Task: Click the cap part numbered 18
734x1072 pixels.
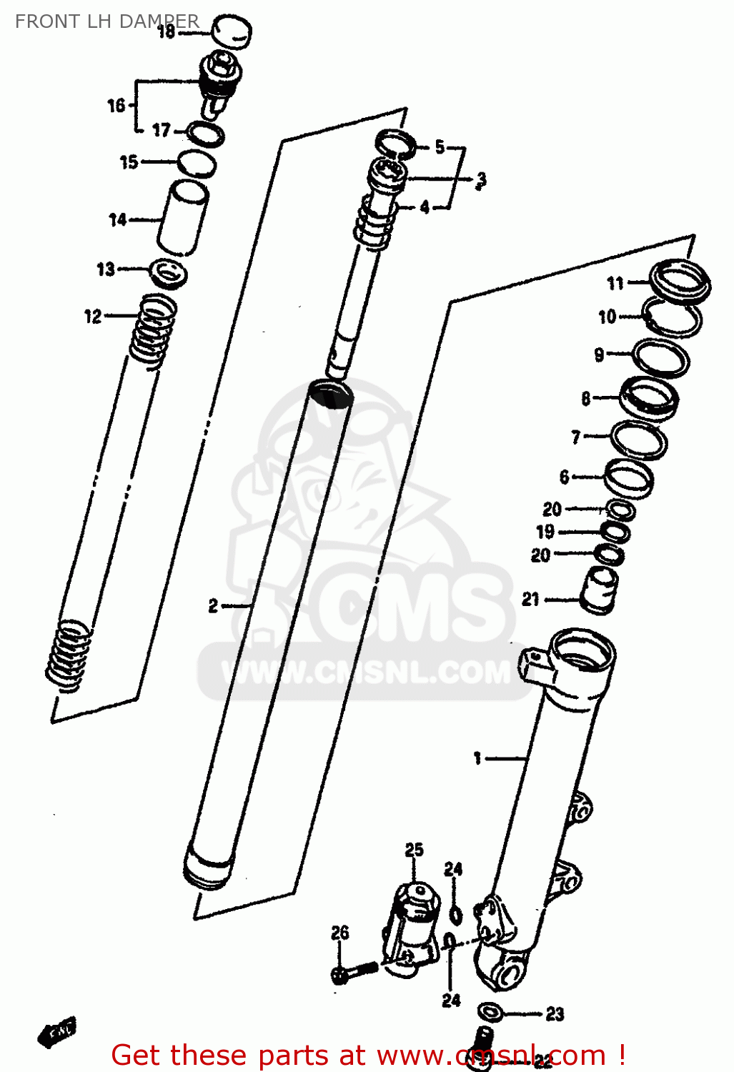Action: pyautogui.click(x=232, y=31)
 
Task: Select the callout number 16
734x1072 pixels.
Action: pyautogui.click(x=116, y=106)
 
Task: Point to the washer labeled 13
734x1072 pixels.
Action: pyautogui.click(x=169, y=272)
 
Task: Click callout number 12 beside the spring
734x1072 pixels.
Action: pyautogui.click(x=93, y=316)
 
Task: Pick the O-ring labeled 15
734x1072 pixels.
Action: pyautogui.click(x=197, y=163)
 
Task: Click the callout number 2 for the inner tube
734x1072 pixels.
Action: pyautogui.click(x=213, y=606)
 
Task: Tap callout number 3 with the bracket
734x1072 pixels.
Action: pyautogui.click(x=481, y=179)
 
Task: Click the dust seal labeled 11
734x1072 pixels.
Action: pyautogui.click(x=680, y=279)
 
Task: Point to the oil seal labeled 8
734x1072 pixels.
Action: pyautogui.click(x=648, y=397)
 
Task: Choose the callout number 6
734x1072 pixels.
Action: pyautogui.click(x=564, y=476)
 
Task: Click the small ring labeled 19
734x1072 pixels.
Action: pyautogui.click(x=614, y=532)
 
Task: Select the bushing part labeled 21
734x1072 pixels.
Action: pyautogui.click(x=598, y=590)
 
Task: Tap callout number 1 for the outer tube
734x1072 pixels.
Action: pyautogui.click(x=477, y=758)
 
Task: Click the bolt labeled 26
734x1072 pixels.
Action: pyautogui.click(x=353, y=971)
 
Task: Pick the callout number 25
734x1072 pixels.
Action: pyautogui.click(x=414, y=850)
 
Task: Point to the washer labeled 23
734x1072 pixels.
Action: pyautogui.click(x=490, y=1012)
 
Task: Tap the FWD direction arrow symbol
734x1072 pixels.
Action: pyautogui.click(x=57, y=1031)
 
